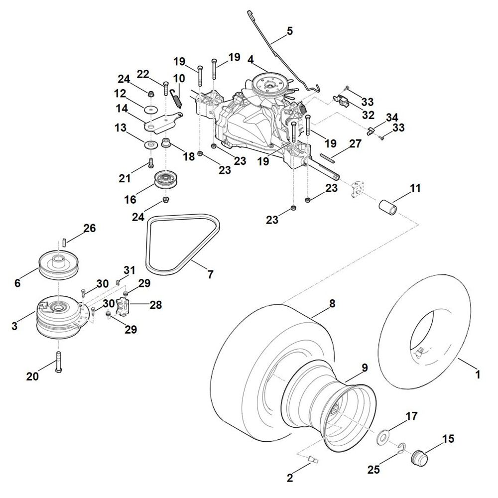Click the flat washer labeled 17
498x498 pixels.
pos(384,435)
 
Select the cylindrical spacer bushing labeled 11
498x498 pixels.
pos(390,207)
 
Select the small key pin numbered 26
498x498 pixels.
pos(65,241)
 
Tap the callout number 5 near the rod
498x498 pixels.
pos(289,31)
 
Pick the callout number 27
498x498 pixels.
pos(355,144)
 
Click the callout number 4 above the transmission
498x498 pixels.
pos(251,60)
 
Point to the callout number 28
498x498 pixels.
pos(155,304)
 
